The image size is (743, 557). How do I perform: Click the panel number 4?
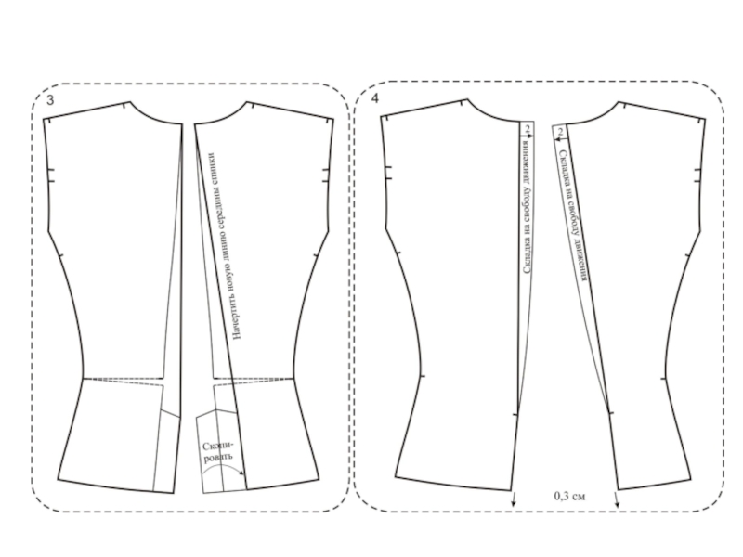click(x=374, y=97)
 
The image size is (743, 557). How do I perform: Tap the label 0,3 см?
click(x=569, y=496)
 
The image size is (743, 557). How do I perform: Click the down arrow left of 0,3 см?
click(x=514, y=499)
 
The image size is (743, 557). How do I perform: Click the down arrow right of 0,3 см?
click(x=618, y=499)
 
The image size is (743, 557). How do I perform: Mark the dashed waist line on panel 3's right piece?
click(x=255, y=379)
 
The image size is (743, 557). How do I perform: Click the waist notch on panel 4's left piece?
click(x=422, y=377)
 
